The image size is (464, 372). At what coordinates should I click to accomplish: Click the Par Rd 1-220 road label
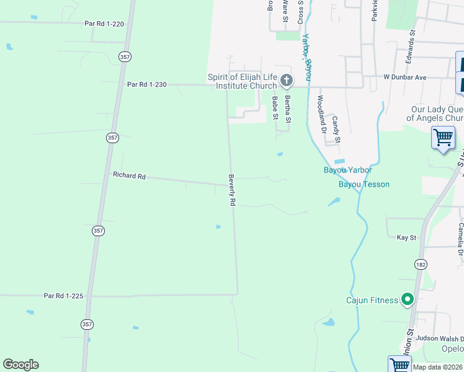pyautogui.click(x=104, y=24)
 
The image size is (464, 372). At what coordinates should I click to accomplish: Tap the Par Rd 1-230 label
pyautogui.click(x=147, y=84)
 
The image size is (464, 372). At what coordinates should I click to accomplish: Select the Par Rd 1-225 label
pyautogui.click(x=64, y=296)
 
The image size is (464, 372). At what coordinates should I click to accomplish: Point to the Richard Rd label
pyautogui.click(x=129, y=175)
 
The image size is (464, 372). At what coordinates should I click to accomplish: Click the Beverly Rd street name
pyautogui.click(x=233, y=189)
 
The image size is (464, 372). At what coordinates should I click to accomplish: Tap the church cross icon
pyautogui.click(x=287, y=80)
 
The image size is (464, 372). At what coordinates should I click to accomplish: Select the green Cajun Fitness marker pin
pyautogui.click(x=408, y=300)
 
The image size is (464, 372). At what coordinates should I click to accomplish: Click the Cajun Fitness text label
pyautogui.click(x=372, y=301)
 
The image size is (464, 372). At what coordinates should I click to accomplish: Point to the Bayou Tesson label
pyautogui.click(x=364, y=185)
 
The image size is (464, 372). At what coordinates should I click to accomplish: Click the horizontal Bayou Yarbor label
pyautogui.click(x=347, y=170)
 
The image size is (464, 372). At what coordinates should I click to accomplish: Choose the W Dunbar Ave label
pyautogui.click(x=405, y=77)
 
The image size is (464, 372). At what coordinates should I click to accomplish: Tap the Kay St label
pyautogui.click(x=406, y=237)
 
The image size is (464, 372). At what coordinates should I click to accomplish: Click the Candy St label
pyautogui.click(x=336, y=129)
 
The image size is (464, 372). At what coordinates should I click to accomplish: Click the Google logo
pyautogui.click(x=20, y=365)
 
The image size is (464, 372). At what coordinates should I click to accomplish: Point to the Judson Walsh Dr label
pyautogui.click(x=440, y=339)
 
